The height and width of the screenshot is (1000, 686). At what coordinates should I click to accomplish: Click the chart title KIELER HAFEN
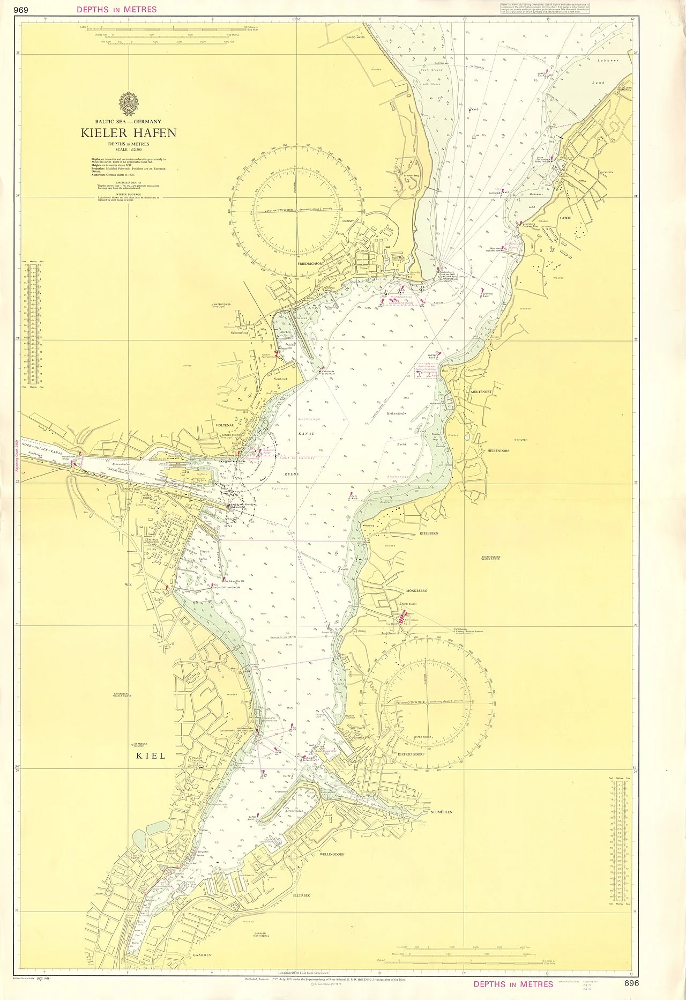tap(129, 133)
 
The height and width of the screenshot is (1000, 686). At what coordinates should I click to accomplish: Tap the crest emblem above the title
tap(129, 102)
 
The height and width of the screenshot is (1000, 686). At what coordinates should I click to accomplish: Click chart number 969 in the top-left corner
tap(21, 9)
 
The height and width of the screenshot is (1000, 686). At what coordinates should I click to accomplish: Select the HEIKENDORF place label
tap(502, 451)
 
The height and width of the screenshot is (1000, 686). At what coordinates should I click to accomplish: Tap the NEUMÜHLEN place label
tap(441, 812)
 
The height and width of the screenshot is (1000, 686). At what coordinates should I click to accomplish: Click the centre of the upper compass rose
tap(296, 211)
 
